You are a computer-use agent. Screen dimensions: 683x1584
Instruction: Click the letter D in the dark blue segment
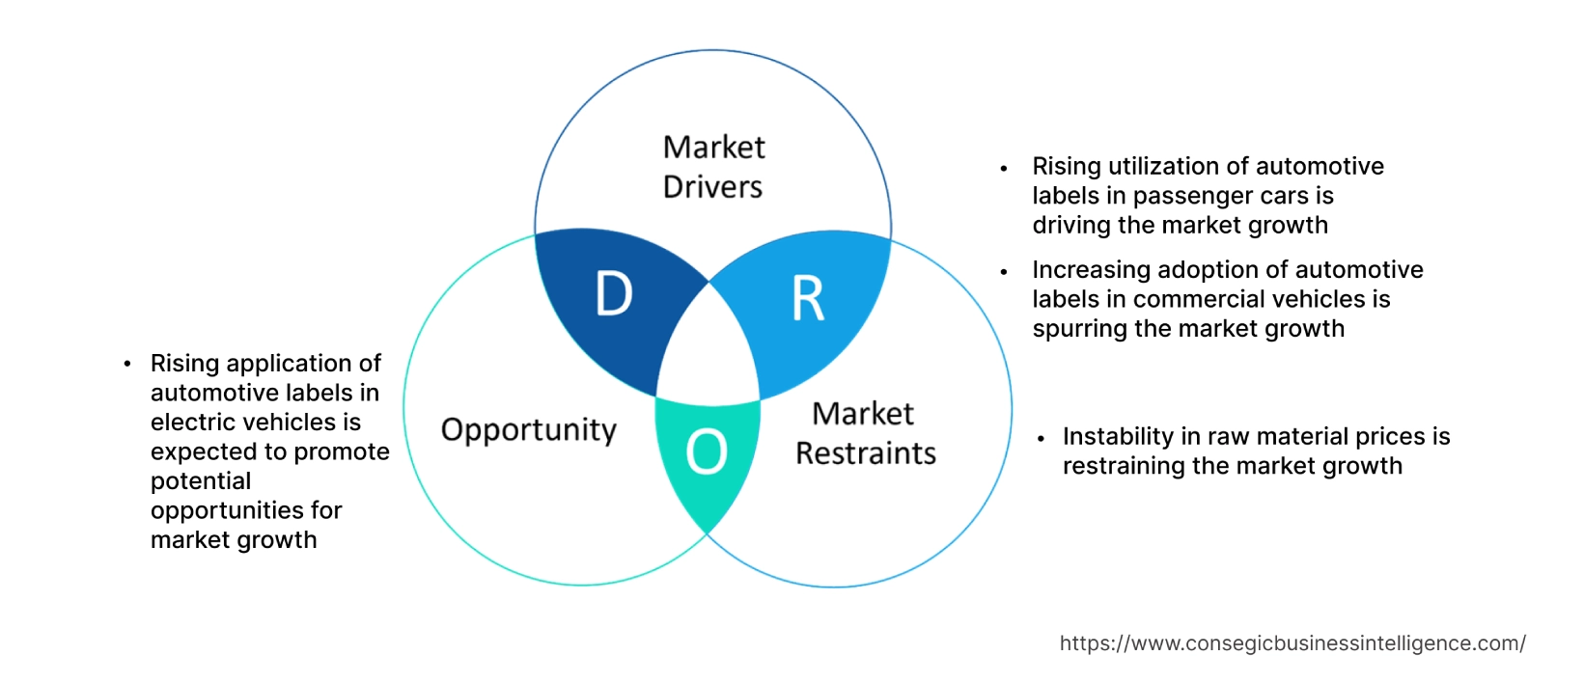tap(614, 294)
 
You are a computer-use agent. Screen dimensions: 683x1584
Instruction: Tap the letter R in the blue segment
tap(808, 299)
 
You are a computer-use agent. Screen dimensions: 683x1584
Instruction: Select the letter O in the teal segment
tap(707, 451)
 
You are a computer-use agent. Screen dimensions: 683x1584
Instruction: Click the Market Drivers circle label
tap(713, 167)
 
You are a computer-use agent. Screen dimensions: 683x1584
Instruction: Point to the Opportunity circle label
tap(528, 429)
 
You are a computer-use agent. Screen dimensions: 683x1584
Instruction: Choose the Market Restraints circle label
tap(865, 433)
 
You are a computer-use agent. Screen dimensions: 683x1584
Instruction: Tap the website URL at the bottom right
tap(1292, 643)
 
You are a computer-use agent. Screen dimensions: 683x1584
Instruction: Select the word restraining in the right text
tap(1124, 466)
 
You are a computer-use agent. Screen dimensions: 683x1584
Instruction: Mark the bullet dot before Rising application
tap(127, 364)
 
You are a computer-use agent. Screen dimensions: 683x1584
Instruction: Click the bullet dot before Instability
tap(1041, 438)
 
